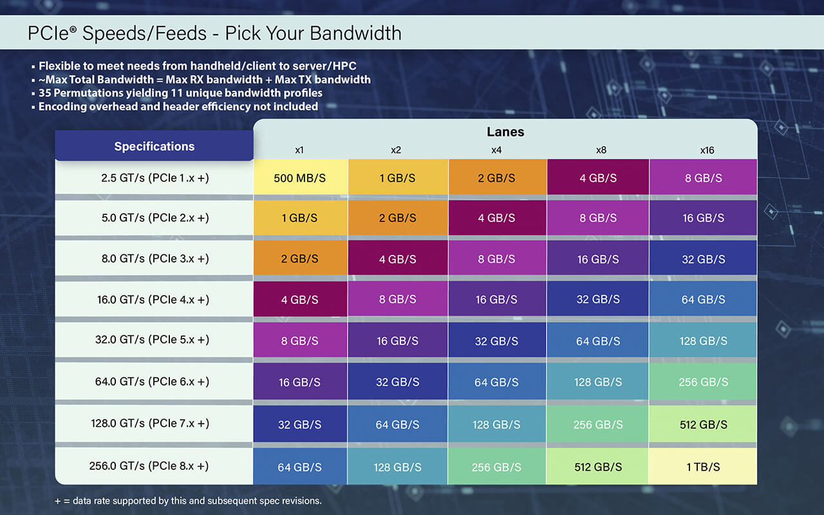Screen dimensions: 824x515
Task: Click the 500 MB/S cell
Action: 300,177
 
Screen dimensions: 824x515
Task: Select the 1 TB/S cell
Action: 702,467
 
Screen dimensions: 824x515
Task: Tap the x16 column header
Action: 707,150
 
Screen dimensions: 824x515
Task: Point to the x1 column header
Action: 299,150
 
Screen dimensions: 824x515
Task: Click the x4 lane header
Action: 496,150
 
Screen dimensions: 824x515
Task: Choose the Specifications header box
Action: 154,145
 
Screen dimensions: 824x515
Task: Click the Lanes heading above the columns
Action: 505,132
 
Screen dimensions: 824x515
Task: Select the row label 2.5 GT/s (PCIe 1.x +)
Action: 155,178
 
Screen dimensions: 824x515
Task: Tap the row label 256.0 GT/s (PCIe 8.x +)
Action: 149,465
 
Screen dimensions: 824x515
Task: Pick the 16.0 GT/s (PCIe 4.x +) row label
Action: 153,299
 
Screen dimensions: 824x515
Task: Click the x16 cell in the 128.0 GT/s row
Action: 702,424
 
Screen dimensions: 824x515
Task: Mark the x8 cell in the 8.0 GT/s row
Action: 598,259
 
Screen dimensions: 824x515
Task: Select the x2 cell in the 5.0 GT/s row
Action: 398,218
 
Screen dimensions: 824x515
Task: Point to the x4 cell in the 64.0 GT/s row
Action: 496,382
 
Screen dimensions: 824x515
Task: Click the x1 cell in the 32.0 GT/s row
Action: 300,341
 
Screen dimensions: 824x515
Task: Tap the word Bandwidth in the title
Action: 355,33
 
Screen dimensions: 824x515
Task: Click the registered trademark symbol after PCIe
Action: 73,29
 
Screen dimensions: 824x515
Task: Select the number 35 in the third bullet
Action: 44,93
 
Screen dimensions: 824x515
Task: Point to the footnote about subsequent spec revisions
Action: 188,501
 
